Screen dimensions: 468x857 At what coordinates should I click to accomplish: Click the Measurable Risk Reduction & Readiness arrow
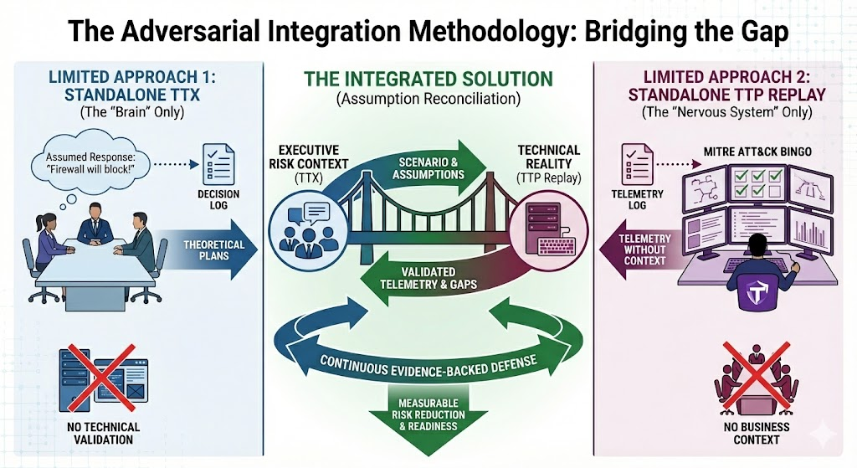[427, 419]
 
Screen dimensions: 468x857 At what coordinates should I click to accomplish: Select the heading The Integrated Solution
[428, 80]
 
